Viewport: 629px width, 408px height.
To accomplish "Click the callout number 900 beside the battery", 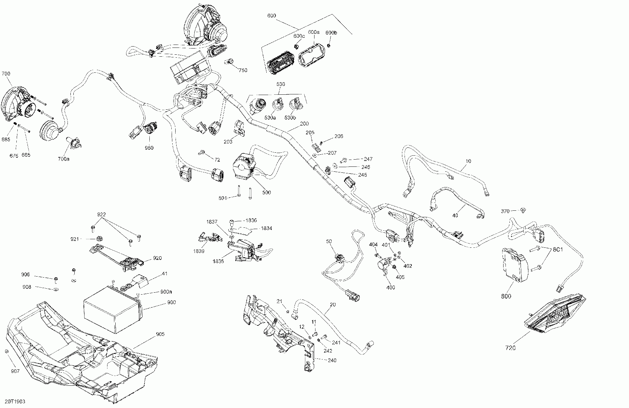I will click(171, 302).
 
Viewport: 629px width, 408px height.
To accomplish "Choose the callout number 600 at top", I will click(272, 16).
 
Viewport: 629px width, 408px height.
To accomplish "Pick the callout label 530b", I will click(290, 117).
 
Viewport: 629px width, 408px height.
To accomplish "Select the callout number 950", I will click(149, 148).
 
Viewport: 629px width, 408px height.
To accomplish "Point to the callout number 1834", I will click(266, 228).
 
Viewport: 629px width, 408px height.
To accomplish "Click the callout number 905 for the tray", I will click(160, 334).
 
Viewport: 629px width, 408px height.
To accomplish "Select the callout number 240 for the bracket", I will click(332, 360).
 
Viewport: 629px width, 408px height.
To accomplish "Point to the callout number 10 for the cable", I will click(468, 161).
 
